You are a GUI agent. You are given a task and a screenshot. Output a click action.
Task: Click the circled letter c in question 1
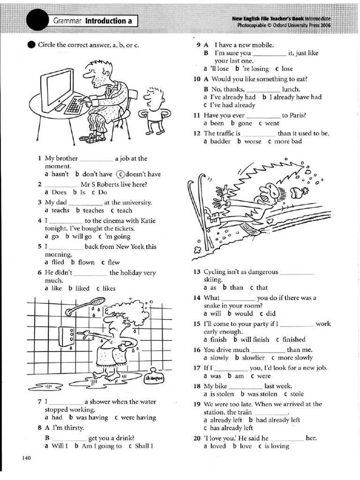pos(120,174)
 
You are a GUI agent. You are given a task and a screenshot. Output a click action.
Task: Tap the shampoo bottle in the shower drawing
pos(153,378)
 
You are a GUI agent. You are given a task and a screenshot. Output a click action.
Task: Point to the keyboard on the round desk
pos(74,105)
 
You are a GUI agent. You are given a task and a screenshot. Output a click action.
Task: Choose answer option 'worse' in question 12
pos(253,141)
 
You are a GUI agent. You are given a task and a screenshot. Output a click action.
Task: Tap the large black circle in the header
pos(38,21)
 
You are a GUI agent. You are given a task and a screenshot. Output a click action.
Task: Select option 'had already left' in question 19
pos(278,420)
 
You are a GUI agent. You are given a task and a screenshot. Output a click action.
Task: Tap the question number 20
pos(197,438)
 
